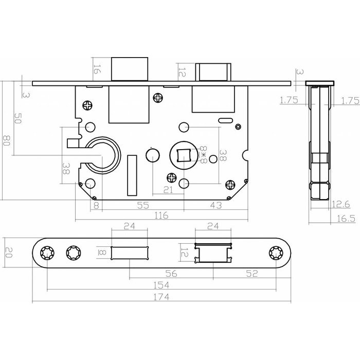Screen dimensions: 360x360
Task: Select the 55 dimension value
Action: [x=143, y=206]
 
